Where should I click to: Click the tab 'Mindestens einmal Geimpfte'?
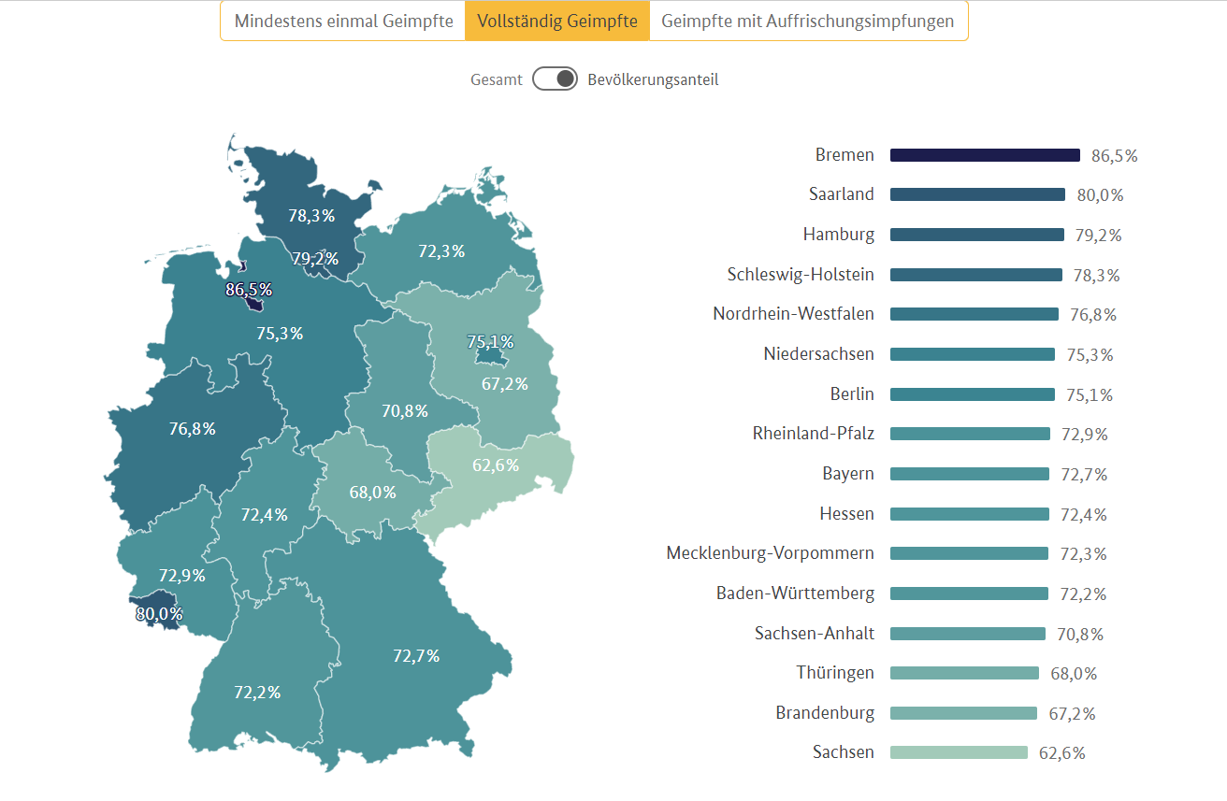pyautogui.click(x=342, y=21)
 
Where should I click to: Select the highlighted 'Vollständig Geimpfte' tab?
pyautogui.click(x=557, y=21)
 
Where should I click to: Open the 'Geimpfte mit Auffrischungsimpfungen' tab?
pyautogui.click(x=808, y=21)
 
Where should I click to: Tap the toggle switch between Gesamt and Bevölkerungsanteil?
pyautogui.click(x=556, y=79)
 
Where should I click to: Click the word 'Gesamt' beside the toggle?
pyautogui.click(x=497, y=79)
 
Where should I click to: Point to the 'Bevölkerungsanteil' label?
pyautogui.click(x=653, y=79)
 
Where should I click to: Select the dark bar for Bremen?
pyautogui.click(x=985, y=155)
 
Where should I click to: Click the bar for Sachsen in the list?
pyautogui.click(x=959, y=752)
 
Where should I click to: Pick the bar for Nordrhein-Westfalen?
pyautogui.click(x=974, y=314)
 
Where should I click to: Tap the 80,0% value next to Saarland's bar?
pyautogui.click(x=1100, y=195)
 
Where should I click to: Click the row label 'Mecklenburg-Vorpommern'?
pyautogui.click(x=770, y=553)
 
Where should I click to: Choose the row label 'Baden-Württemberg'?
pyautogui.click(x=795, y=594)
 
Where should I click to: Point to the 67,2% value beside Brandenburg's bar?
pyautogui.click(x=1072, y=713)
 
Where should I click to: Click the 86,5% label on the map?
pyautogui.click(x=249, y=290)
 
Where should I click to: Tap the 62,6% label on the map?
pyautogui.click(x=496, y=465)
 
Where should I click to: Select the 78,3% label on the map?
pyautogui.click(x=311, y=216)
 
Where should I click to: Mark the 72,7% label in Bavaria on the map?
pyautogui.click(x=416, y=656)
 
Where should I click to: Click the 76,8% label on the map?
pyautogui.click(x=193, y=429)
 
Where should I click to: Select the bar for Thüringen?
pyautogui.click(x=964, y=673)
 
